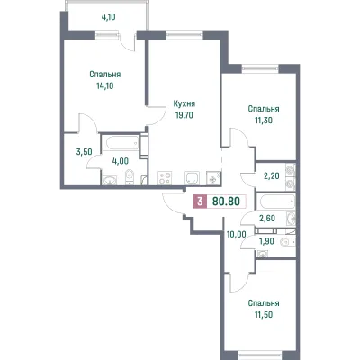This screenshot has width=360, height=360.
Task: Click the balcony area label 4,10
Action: (108, 17)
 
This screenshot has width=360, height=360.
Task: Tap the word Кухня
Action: (184, 104)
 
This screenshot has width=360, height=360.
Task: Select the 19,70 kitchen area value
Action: (184, 115)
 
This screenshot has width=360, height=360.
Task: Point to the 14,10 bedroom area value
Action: (105, 86)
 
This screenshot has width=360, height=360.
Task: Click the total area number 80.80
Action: (226, 202)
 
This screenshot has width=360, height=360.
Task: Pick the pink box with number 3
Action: (200, 202)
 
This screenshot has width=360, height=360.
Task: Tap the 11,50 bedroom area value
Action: (264, 315)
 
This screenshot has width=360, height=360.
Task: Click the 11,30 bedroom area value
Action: (264, 121)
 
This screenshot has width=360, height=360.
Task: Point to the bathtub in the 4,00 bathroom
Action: (121, 143)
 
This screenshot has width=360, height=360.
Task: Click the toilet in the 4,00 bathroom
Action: (130, 176)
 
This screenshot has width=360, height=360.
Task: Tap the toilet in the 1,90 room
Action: (286, 242)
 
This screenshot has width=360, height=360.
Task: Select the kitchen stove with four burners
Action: (165, 178)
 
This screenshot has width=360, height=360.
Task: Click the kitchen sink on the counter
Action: (193, 178)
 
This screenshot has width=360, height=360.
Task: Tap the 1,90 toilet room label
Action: (266, 241)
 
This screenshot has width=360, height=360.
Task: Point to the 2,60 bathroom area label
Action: (267, 219)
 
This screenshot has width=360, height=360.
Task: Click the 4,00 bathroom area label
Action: (121, 161)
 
